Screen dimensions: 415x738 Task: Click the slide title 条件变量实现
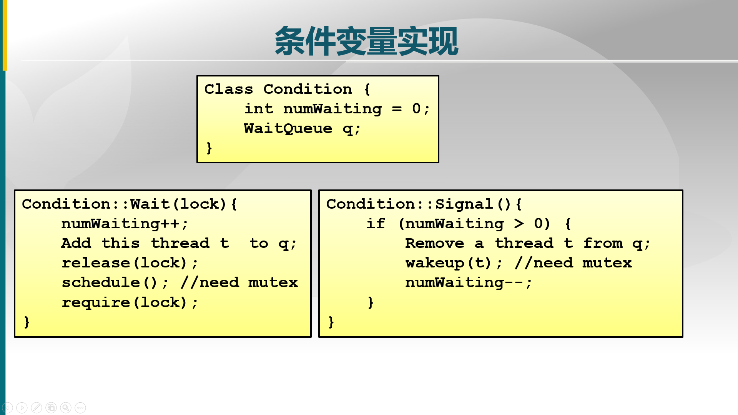coord(366,41)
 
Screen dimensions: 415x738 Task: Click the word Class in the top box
coord(228,89)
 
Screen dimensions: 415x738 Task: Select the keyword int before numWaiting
coord(259,109)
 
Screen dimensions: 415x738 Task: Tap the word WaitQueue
coord(288,128)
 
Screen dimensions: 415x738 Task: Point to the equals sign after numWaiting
coord(397,109)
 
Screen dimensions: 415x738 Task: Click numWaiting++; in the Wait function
coord(125,224)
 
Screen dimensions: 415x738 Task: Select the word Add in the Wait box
coord(76,243)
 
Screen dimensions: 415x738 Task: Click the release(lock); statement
coord(130,263)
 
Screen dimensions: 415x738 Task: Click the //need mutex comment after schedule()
coord(239,283)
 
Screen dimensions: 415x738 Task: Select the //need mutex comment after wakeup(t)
coord(573,263)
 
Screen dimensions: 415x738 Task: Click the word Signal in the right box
coord(464,204)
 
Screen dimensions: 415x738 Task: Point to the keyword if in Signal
coord(375,224)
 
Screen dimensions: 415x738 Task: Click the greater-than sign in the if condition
coord(519,224)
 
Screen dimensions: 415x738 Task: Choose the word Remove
coord(434,243)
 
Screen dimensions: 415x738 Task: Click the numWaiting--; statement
coord(469,283)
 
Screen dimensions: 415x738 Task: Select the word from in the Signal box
coord(603,243)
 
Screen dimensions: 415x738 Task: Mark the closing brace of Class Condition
coord(209,148)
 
